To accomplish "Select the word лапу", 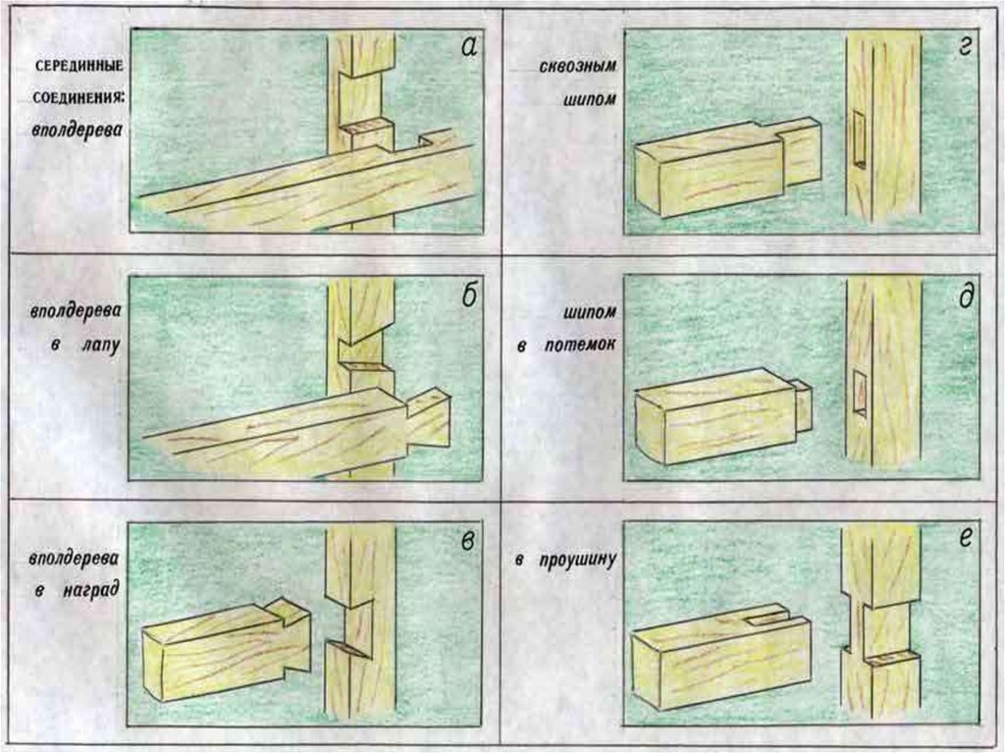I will tap(88, 347).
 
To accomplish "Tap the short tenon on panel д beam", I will tap(803, 404).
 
